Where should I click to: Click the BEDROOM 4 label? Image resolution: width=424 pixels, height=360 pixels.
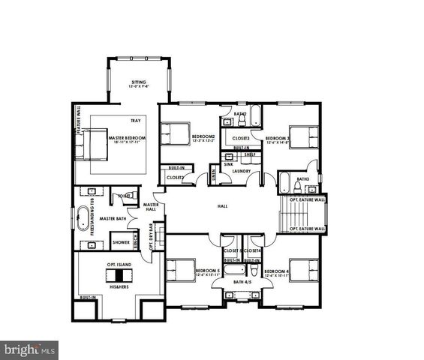tap(277, 271)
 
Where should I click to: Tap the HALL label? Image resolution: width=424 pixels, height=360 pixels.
tap(222, 205)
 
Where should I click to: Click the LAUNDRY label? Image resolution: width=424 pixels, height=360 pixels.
tap(241, 171)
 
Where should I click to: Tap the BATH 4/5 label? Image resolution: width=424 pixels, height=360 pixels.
tap(242, 282)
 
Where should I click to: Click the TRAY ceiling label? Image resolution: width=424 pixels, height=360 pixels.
tap(135, 121)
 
